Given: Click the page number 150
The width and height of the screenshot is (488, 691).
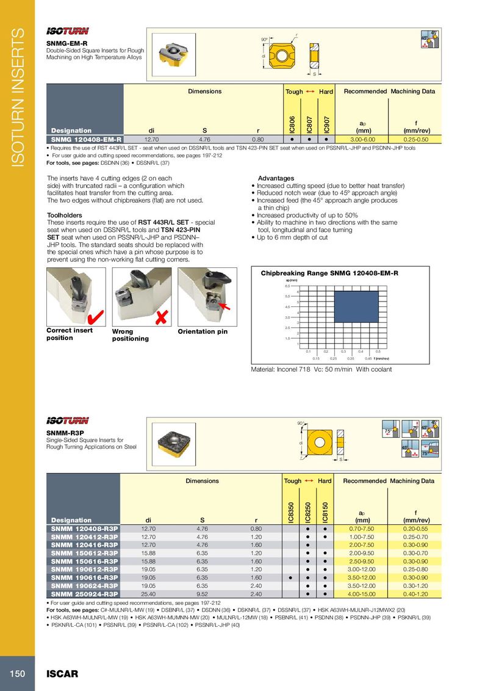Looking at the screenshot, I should click(16, 673).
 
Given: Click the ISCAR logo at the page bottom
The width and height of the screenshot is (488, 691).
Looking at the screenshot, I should click(63, 674).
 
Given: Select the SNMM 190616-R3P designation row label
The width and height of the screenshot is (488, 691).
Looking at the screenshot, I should click(84, 577).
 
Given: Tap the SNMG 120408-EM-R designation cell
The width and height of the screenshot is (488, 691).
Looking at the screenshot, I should click(84, 139).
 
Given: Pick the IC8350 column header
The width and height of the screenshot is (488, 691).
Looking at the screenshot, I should click(292, 511).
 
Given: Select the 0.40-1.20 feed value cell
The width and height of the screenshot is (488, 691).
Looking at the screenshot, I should click(415, 594).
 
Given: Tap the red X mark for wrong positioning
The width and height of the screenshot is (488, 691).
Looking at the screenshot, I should click(162, 317).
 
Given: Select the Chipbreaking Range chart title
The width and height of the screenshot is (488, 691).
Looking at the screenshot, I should click(329, 273).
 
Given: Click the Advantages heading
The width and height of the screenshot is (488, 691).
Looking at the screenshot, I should click(276, 178).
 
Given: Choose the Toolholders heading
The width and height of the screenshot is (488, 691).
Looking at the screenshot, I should click(64, 215).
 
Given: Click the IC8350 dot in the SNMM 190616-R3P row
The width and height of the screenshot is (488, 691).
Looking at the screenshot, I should click(292, 577).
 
